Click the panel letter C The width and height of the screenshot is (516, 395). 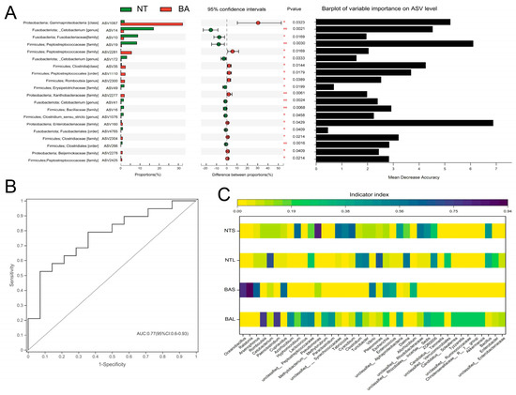[221, 193]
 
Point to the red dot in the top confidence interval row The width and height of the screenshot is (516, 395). [258, 22]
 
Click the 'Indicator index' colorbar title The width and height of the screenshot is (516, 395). [370, 194]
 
